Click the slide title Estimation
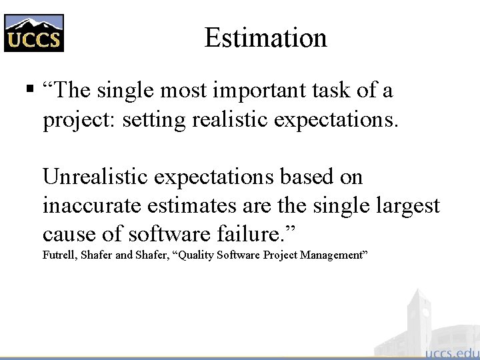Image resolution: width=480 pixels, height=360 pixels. (265, 37)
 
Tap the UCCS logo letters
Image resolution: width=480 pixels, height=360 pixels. (34, 41)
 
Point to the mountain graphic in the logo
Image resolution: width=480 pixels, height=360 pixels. (34, 24)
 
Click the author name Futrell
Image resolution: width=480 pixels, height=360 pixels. (59, 255)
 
